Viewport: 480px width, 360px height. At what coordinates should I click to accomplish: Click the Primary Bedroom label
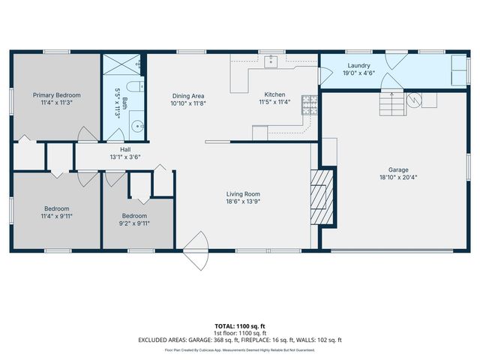(x=56, y=95)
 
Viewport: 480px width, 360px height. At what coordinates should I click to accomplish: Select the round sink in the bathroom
(x=138, y=125)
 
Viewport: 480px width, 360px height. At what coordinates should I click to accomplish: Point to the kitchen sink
(x=270, y=61)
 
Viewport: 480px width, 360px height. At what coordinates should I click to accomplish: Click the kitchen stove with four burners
(x=308, y=104)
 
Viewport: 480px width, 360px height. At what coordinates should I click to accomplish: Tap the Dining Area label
(x=188, y=95)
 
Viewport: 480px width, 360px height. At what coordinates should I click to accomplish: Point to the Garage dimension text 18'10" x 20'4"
(x=398, y=178)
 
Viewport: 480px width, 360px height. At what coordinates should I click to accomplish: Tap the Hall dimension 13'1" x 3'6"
(x=125, y=157)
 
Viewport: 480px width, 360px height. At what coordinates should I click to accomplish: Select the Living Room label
(x=243, y=194)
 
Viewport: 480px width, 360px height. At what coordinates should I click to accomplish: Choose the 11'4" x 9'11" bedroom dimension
(x=56, y=215)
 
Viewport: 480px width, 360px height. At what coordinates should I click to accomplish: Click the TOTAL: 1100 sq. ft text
(x=240, y=325)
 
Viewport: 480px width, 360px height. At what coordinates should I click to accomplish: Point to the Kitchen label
(x=274, y=94)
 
